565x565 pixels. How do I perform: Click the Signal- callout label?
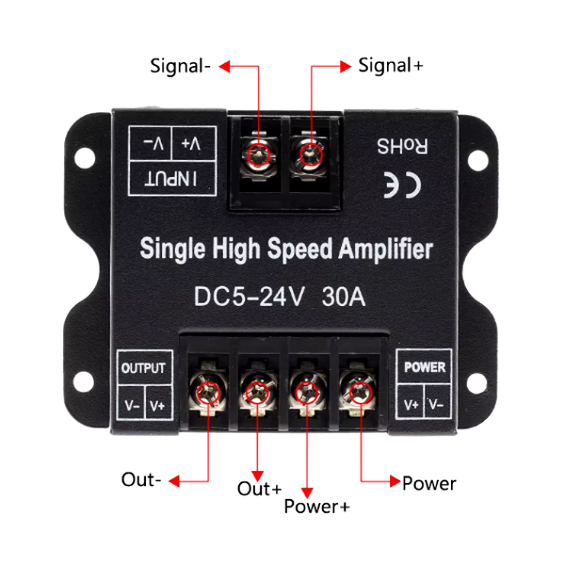180,67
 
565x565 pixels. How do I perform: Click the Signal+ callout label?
391,66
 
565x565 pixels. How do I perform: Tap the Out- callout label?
141,480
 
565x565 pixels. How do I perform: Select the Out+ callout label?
260,489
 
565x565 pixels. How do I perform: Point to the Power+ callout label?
316,507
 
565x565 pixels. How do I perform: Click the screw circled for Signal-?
259,155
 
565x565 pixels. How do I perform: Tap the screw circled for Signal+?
311,155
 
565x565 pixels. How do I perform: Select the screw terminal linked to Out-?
208,393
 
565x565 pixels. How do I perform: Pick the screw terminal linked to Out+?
257,393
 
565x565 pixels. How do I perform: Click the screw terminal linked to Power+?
307,393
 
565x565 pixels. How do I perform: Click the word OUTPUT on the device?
143,368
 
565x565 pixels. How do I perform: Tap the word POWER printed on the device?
425,367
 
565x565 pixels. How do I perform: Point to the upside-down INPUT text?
170,179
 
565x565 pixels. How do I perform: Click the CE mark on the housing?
402,185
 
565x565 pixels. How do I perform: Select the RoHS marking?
402,146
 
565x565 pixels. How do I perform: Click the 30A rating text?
344,297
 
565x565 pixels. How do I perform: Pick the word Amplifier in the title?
385,250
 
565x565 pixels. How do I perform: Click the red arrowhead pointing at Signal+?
346,66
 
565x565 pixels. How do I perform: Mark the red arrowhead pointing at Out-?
174,480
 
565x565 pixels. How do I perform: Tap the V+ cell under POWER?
412,405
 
